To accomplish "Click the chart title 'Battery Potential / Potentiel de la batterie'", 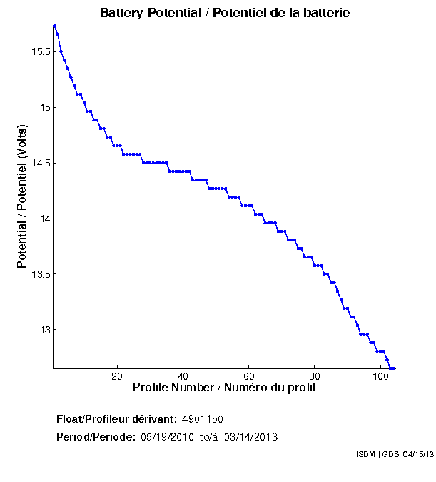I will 225,13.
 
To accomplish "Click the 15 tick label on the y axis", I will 44,108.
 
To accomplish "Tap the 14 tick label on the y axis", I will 44,219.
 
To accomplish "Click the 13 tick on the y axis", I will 44,330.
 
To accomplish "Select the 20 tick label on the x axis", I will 117,376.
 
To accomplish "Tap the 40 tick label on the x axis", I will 183,376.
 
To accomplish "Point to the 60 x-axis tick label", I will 248,376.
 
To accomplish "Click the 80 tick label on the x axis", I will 315,376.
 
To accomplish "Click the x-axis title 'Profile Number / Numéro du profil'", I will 224,388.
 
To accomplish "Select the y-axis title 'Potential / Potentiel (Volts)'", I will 22,197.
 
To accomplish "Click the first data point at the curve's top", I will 54,25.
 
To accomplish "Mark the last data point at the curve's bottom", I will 393,368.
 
